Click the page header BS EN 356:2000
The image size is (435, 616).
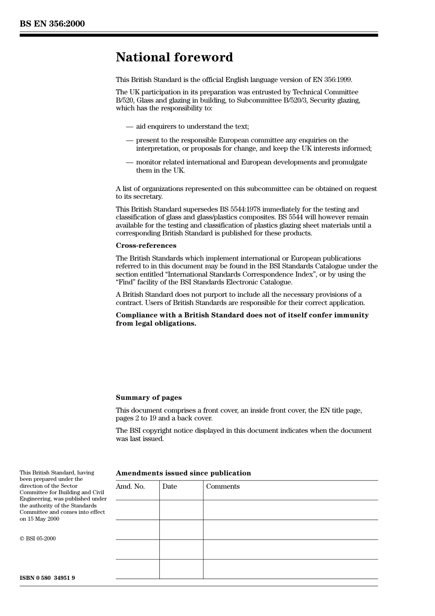click(x=52, y=24)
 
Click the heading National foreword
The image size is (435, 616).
click(x=174, y=57)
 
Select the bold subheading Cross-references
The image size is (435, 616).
click(x=146, y=245)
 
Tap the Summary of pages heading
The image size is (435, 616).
click(x=149, y=398)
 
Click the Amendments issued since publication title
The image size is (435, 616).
click(x=183, y=473)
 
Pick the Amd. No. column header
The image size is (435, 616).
click(x=130, y=486)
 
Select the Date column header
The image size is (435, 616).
click(x=169, y=486)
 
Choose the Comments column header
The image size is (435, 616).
click(x=223, y=486)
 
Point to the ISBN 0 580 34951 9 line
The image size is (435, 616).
click(x=47, y=578)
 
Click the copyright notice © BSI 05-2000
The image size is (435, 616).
click(x=38, y=539)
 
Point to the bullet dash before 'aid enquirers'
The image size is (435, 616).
click(x=130, y=127)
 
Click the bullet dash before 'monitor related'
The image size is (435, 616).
click(x=130, y=163)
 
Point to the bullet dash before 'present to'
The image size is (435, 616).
click(x=130, y=141)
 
